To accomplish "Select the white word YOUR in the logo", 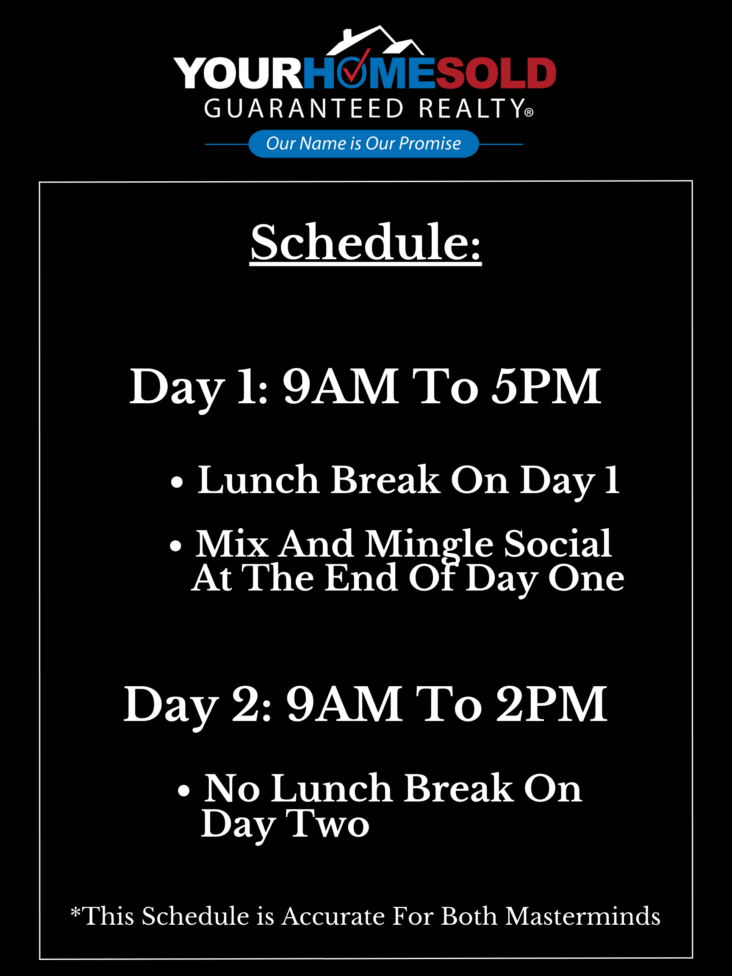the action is (238, 73).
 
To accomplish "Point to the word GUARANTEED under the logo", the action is (304, 108).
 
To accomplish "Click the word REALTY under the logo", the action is (471, 108).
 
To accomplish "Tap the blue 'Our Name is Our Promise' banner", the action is (363, 144).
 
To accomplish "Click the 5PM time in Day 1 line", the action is (546, 387).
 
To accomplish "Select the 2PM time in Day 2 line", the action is (552, 704).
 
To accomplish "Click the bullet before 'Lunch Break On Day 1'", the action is (177, 482).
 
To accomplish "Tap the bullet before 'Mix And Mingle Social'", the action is (176, 546).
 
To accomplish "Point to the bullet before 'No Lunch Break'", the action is (183, 791).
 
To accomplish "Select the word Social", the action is (558, 543).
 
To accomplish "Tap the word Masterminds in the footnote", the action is (583, 916).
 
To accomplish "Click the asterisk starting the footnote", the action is (75, 911).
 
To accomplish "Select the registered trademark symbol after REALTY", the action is (529, 113).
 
